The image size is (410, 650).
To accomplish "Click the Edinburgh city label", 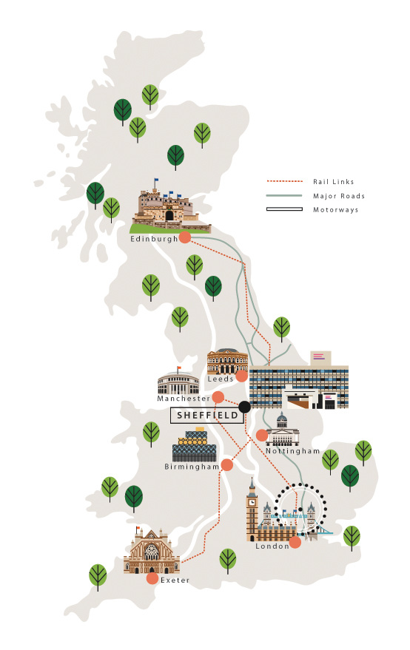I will click(x=154, y=239).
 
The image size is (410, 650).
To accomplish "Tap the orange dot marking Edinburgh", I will click(x=184, y=237).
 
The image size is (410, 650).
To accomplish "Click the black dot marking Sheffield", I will click(x=244, y=407).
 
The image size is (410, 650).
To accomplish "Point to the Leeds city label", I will click(x=221, y=379).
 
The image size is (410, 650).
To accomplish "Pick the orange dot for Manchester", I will click(x=218, y=397).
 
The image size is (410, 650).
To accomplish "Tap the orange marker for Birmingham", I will click(x=227, y=465).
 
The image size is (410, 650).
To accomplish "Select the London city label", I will click(x=272, y=546).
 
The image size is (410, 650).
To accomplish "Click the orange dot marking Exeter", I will click(x=152, y=578).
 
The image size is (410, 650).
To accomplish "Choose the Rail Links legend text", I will click(x=334, y=181).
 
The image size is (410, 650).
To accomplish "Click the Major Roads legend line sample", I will click(x=284, y=196).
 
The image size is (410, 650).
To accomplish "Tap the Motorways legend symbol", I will click(x=284, y=209).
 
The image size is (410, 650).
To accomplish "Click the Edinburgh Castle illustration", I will click(x=169, y=207).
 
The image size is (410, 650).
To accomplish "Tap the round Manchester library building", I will click(x=178, y=382).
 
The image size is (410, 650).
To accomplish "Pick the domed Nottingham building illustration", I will click(x=281, y=430).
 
